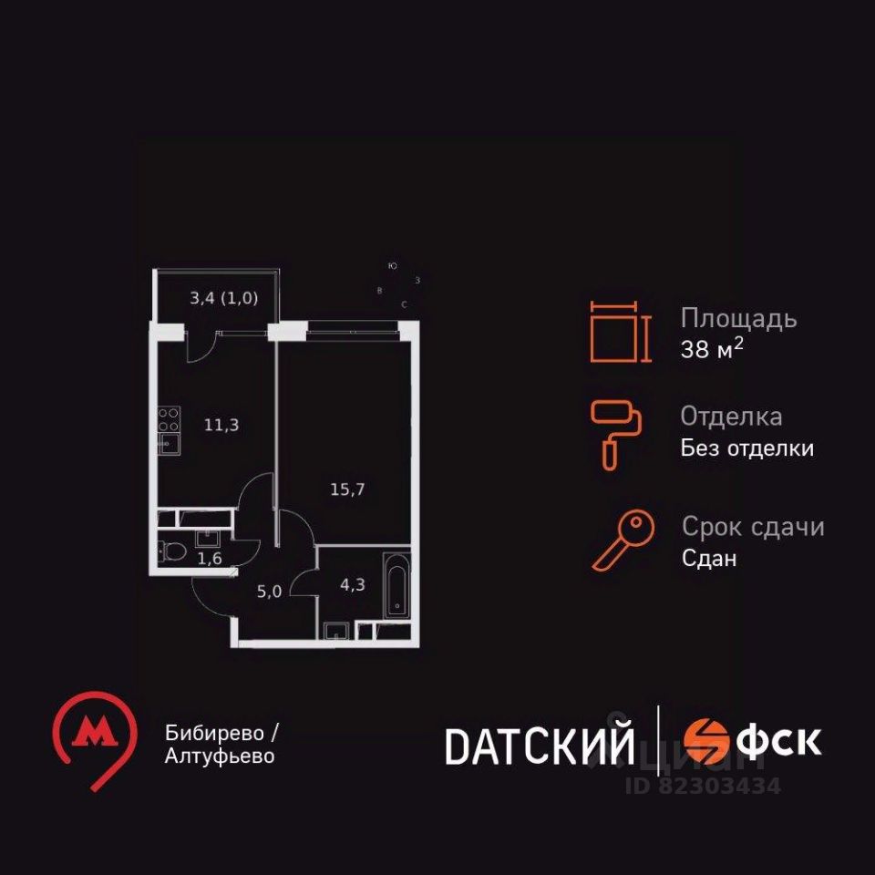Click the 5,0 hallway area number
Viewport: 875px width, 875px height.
click(269, 591)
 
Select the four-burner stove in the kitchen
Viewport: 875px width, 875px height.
click(169, 419)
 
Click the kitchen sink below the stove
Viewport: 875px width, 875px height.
click(169, 444)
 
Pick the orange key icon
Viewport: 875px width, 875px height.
click(624, 540)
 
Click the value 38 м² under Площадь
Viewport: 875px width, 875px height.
click(712, 350)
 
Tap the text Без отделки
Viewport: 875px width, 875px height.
click(747, 448)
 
